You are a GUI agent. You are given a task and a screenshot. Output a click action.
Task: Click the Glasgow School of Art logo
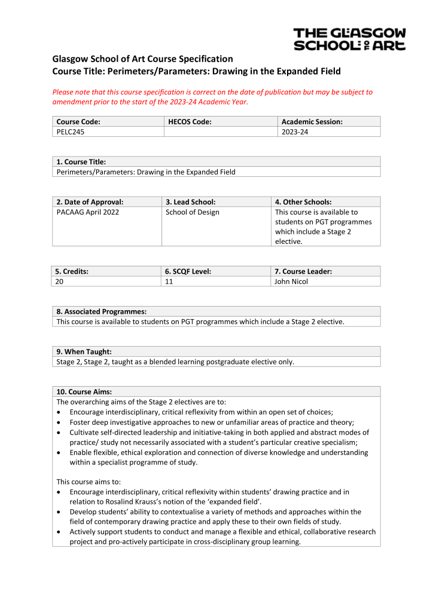click(349, 39)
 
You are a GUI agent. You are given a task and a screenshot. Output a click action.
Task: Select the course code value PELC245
click(70, 132)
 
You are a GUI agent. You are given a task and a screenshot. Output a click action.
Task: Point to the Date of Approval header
click(90, 202)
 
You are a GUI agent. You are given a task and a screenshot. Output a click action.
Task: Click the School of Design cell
click(192, 212)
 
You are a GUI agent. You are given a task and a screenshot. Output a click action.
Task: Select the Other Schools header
click(303, 202)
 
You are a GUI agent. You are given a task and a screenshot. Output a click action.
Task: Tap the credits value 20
click(60, 281)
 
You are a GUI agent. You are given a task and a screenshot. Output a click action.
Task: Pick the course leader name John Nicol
click(291, 281)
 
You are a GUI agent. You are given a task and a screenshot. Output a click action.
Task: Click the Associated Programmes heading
click(101, 311)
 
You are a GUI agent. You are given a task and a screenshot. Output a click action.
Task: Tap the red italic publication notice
click(212, 97)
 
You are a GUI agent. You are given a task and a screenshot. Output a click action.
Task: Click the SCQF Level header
click(188, 271)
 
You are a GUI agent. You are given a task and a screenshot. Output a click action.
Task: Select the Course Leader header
click(303, 271)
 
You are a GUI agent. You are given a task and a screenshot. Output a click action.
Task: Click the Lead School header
click(190, 202)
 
